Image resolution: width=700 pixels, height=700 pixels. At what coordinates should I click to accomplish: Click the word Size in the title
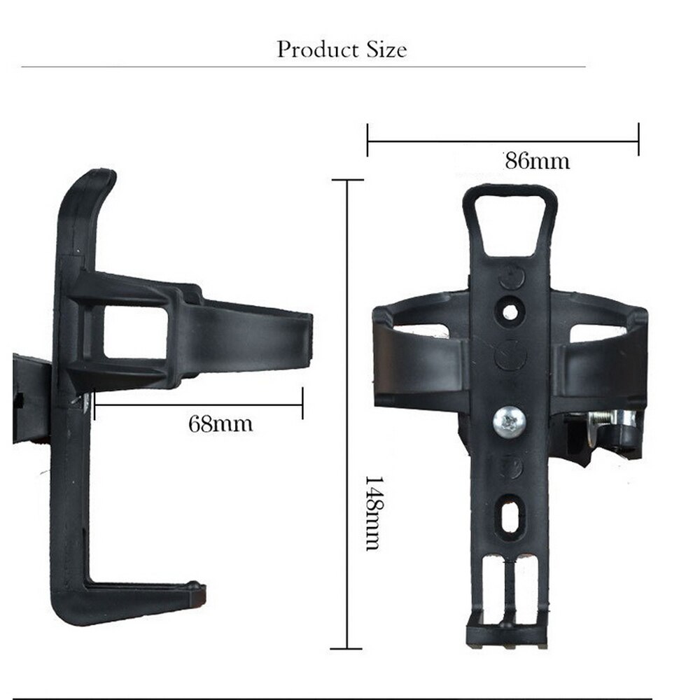pos(384,50)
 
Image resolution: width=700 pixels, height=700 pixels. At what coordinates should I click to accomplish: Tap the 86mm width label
pos(538,161)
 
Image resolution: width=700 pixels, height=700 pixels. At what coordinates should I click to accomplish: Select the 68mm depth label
pos(220,423)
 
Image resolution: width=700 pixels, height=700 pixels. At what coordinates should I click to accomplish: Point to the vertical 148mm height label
pos(372,513)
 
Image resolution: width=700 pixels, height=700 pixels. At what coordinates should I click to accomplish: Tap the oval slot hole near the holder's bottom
pos(510,514)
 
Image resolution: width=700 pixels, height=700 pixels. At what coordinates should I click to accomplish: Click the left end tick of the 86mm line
pos(368,139)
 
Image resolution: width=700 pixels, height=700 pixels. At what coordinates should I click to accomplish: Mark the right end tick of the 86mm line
pos(638,139)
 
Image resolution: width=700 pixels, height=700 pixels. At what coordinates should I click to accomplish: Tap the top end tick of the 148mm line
pos(346,180)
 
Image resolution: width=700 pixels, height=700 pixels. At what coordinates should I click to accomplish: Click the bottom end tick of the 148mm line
pos(346,649)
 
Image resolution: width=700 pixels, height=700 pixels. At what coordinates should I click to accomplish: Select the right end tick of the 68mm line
pos(302,403)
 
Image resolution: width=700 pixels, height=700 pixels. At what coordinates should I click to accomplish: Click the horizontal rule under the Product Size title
pos(303,67)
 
